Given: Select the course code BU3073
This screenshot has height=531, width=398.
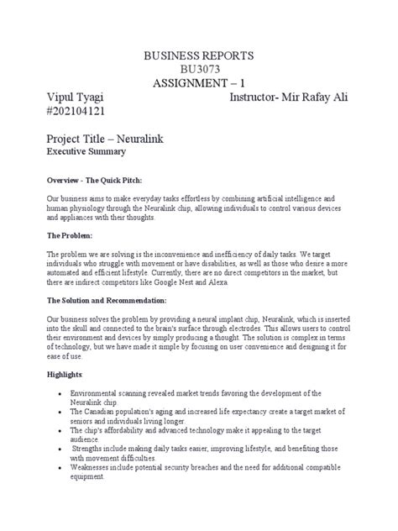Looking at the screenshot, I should click(x=198, y=70).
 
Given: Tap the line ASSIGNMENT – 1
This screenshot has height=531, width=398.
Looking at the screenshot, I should click(x=198, y=84).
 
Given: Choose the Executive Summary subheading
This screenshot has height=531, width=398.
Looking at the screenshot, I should click(x=90, y=153).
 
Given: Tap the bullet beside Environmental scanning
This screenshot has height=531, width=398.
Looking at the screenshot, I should click(x=56, y=393).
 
